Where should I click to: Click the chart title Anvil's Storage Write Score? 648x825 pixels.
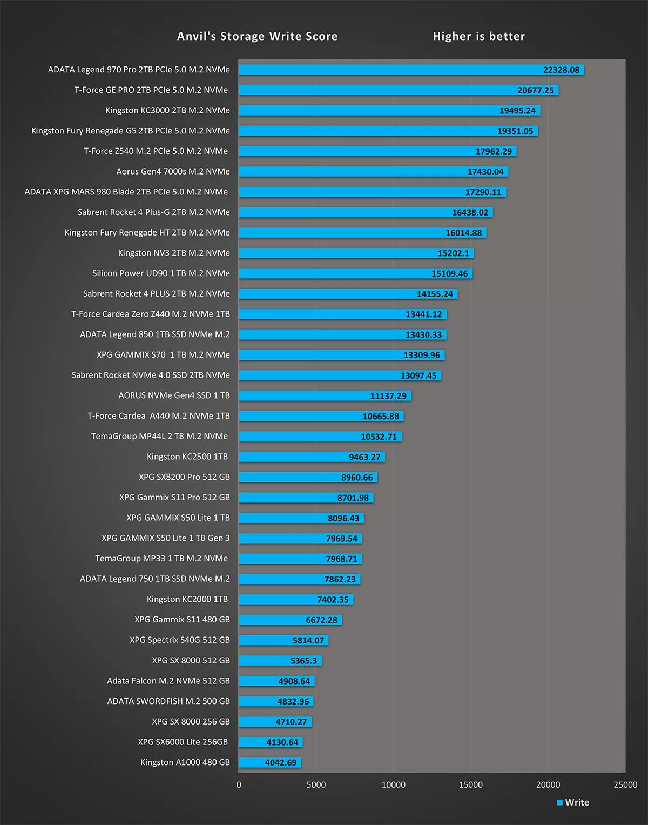[257, 36]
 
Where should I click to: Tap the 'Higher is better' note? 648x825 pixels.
[478, 36]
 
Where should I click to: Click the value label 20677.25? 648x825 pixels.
[535, 90]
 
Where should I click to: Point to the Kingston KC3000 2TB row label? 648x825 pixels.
[167, 110]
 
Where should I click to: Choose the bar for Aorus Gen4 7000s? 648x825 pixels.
[351, 172]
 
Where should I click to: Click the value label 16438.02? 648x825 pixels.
[470, 212]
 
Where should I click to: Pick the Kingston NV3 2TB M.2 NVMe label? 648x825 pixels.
[174, 253]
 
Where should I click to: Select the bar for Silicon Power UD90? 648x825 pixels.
[335, 273]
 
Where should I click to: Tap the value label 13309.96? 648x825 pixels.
[422, 355]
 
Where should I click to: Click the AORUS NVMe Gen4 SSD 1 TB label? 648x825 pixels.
[174, 395]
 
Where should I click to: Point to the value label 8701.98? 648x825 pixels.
[353, 498]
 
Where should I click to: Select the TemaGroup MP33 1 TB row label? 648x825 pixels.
[161, 558]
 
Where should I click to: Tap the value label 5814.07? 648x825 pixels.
[308, 640]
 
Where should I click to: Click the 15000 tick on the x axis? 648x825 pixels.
[470, 784]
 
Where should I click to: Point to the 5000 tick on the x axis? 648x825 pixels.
[316, 784]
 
